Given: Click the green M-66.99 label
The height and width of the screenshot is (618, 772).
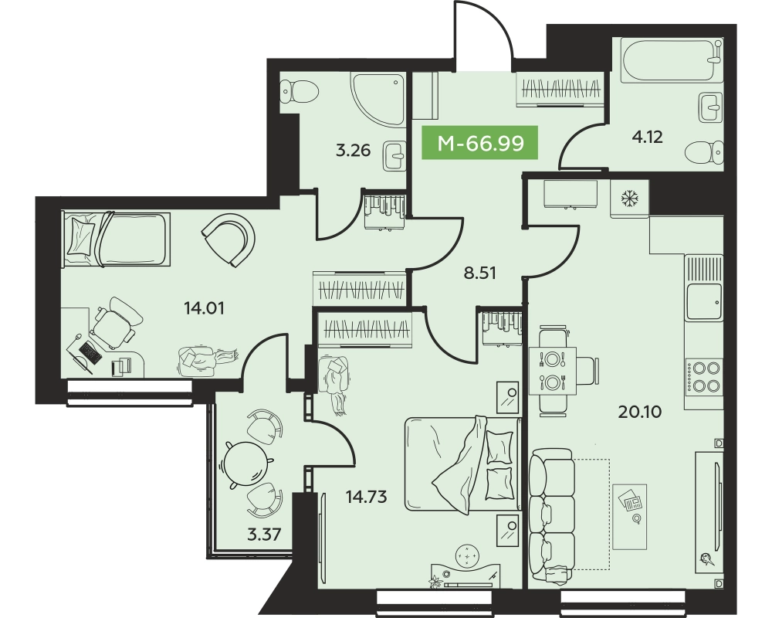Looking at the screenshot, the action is point(480,143).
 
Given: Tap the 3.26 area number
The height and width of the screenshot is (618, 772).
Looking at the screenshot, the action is point(353,150).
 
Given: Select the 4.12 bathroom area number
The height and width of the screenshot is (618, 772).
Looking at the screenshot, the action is point(647,137).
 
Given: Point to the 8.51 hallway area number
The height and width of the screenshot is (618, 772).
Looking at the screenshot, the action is point(480,273).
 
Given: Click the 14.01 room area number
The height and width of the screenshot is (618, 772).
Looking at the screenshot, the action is point(204,308).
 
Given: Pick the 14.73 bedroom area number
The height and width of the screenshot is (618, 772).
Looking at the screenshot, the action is point(366,497).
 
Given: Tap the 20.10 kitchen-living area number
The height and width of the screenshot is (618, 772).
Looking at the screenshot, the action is point(640,412).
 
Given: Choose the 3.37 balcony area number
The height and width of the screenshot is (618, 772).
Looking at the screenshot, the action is point(264,534).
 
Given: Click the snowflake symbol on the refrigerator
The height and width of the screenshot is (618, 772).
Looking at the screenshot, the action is point(628,198).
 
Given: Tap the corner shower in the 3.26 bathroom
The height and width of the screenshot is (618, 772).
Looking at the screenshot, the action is point(378,99).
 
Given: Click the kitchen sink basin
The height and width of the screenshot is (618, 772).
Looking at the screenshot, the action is point(705,302).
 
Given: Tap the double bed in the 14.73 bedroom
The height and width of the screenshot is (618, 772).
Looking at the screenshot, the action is point(462,464).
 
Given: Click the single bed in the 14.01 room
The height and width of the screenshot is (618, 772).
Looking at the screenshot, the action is point(116,239).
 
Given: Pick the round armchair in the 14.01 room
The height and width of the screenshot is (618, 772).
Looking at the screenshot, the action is point(229,239).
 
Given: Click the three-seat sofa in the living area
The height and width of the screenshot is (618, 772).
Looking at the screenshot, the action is point(552,515).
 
